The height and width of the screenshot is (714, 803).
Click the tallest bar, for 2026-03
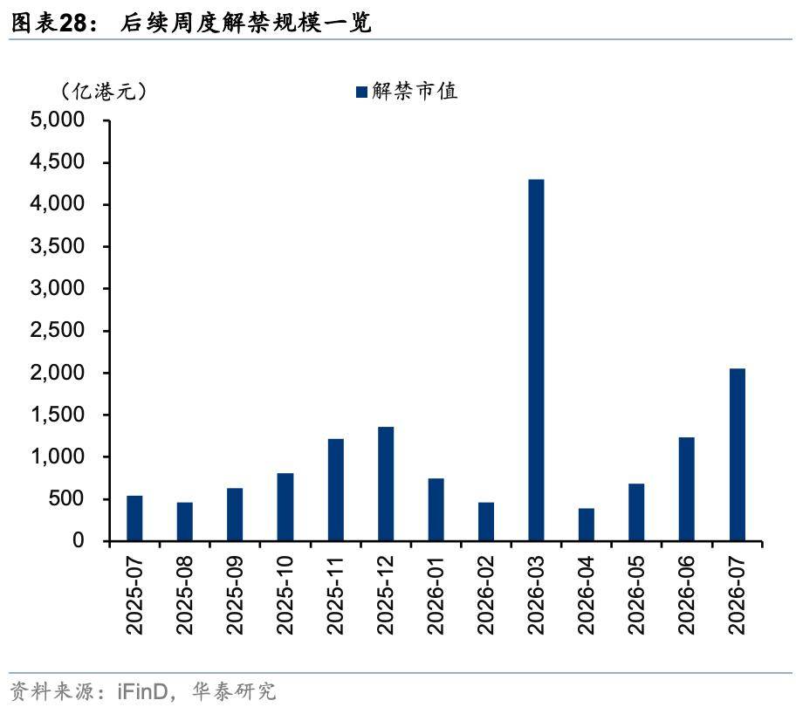[536, 360]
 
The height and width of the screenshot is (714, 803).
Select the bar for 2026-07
[737, 454]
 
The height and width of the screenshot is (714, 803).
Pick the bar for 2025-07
[134, 518]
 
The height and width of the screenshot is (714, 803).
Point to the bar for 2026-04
[587, 524]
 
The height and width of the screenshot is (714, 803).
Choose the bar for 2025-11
[335, 489]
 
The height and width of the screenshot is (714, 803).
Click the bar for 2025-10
[285, 506]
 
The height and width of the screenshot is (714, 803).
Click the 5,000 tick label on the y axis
[58, 120]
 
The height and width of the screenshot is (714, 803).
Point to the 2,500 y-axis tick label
[58, 331]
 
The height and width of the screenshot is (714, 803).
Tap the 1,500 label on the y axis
[58, 415]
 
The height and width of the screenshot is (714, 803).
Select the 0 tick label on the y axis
[78, 541]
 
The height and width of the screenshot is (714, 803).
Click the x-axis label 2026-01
[436, 599]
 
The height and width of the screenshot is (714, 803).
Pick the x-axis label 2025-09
[235, 599]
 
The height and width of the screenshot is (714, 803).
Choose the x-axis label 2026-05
[637, 599]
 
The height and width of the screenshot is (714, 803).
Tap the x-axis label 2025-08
[185, 599]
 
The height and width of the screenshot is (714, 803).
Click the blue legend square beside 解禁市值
[361, 92]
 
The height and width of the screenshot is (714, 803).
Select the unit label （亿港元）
[103, 91]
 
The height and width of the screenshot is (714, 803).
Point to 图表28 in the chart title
[54, 24]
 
